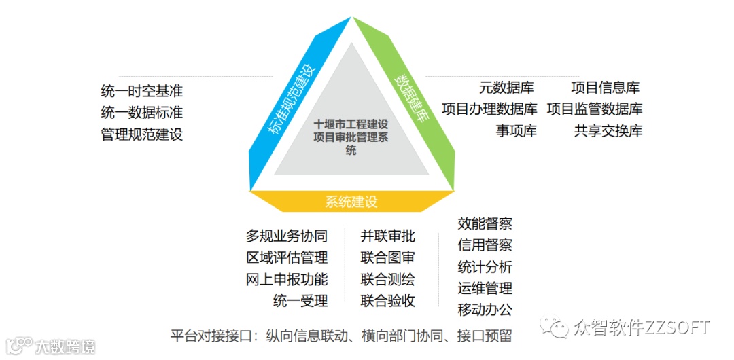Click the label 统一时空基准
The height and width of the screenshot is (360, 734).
(141, 90)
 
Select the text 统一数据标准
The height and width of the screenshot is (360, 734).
(141, 112)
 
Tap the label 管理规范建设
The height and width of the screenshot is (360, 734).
(141, 134)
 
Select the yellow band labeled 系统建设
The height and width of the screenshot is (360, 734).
(351, 202)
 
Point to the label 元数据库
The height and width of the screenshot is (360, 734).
(506, 88)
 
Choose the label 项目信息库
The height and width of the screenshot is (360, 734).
(605, 88)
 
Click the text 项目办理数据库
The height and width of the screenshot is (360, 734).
(489, 109)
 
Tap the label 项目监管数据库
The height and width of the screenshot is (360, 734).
(595, 109)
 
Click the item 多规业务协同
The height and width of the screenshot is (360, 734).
(287, 236)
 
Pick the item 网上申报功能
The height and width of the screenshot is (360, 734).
(287, 279)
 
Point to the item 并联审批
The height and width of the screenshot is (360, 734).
(387, 236)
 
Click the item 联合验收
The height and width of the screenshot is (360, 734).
(387, 301)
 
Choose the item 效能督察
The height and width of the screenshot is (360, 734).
(485, 223)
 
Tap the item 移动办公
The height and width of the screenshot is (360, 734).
(485, 310)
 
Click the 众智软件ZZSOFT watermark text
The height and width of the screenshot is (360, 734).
(642, 328)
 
